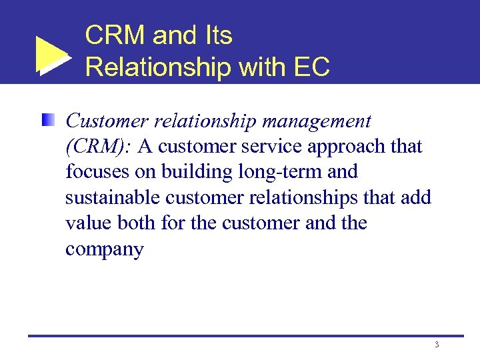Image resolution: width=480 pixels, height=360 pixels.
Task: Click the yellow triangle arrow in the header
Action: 52,55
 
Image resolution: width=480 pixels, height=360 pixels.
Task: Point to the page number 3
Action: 436,345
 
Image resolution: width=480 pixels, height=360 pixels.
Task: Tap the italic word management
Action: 315,121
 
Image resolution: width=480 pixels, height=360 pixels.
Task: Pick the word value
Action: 89,223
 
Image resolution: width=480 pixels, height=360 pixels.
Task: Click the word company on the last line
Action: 105,250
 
